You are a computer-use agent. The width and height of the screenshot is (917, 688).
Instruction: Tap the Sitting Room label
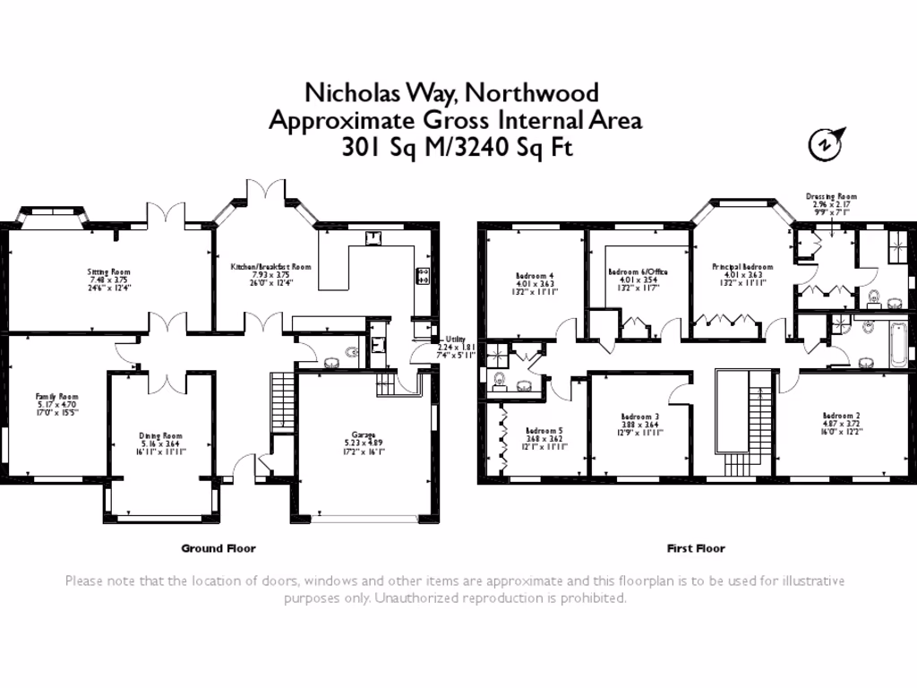pos(109,271)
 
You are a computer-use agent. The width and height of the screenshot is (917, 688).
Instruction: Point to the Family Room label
pos(56,396)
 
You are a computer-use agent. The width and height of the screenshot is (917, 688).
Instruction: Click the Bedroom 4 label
pos(535,275)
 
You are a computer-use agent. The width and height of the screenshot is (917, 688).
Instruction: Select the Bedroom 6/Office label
pos(638,271)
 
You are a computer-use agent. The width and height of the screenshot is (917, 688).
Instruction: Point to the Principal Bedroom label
pos(742,267)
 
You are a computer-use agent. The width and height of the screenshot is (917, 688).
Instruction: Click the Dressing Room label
pos(831,196)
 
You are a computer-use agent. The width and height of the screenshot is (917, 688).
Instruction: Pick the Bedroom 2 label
pos(841,416)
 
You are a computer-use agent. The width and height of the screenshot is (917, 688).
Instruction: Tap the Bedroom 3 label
pos(639,417)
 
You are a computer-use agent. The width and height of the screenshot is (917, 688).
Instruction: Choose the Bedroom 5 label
pos(544,431)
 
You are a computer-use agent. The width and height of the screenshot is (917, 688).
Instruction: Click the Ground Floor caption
pos(219,548)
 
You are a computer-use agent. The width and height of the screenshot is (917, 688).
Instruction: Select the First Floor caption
pos(696,548)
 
